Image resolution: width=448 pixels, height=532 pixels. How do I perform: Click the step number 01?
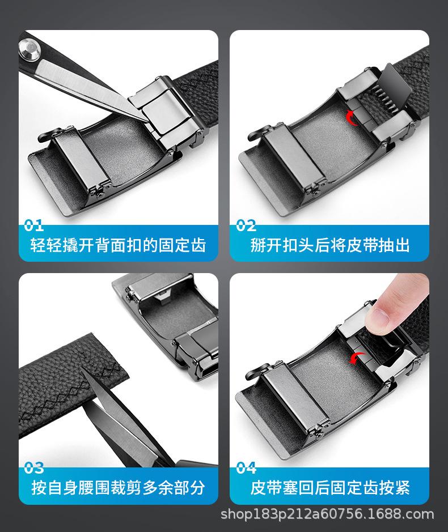[33, 225]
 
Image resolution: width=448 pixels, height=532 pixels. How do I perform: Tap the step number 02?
[246, 225]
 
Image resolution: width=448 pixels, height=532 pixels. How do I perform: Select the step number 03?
[34, 468]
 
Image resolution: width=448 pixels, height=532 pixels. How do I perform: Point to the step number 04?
[246, 468]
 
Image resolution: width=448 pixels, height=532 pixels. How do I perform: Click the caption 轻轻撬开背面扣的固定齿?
[118, 245]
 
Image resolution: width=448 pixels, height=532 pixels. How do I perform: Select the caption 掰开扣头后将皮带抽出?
[329, 245]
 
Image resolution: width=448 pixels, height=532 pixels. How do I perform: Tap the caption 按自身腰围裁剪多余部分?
[118, 487]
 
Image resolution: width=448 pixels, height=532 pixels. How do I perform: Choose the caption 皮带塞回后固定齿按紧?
[329, 487]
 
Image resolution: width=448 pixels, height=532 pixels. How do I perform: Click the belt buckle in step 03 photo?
[170, 317]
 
